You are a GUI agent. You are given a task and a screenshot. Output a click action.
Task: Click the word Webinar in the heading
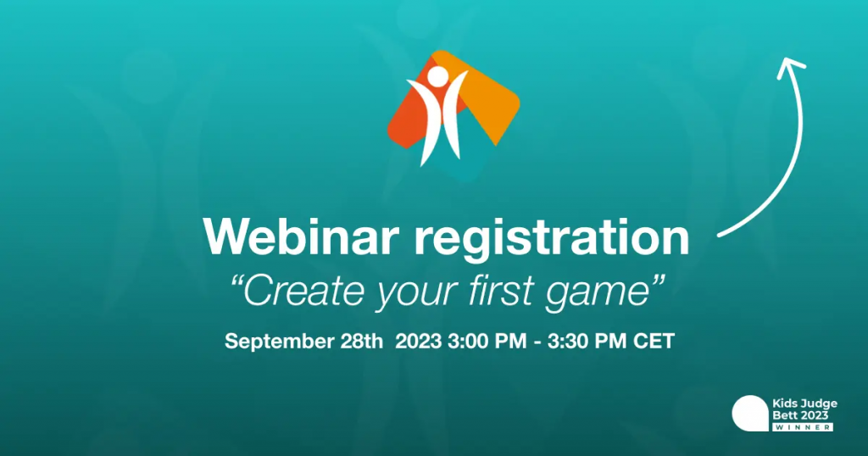(x=301, y=236)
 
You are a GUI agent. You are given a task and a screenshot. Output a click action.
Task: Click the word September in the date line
(x=279, y=342)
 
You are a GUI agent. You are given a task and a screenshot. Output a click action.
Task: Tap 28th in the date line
(x=361, y=341)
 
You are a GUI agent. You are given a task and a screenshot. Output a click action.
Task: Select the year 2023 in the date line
(x=419, y=341)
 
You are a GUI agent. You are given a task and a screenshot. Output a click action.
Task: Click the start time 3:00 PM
(x=487, y=341)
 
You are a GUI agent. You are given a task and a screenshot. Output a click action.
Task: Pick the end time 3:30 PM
(x=587, y=341)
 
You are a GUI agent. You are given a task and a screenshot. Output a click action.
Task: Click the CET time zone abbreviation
(x=654, y=341)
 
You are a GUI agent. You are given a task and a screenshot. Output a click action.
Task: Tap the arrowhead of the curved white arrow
(x=791, y=64)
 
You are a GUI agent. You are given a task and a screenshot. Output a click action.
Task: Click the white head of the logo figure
(x=439, y=77)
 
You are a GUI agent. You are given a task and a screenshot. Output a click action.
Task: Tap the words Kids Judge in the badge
(x=805, y=403)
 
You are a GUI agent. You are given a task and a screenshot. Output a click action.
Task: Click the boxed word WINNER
(x=804, y=427)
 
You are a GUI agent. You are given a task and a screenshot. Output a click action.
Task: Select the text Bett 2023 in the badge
(x=800, y=415)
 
